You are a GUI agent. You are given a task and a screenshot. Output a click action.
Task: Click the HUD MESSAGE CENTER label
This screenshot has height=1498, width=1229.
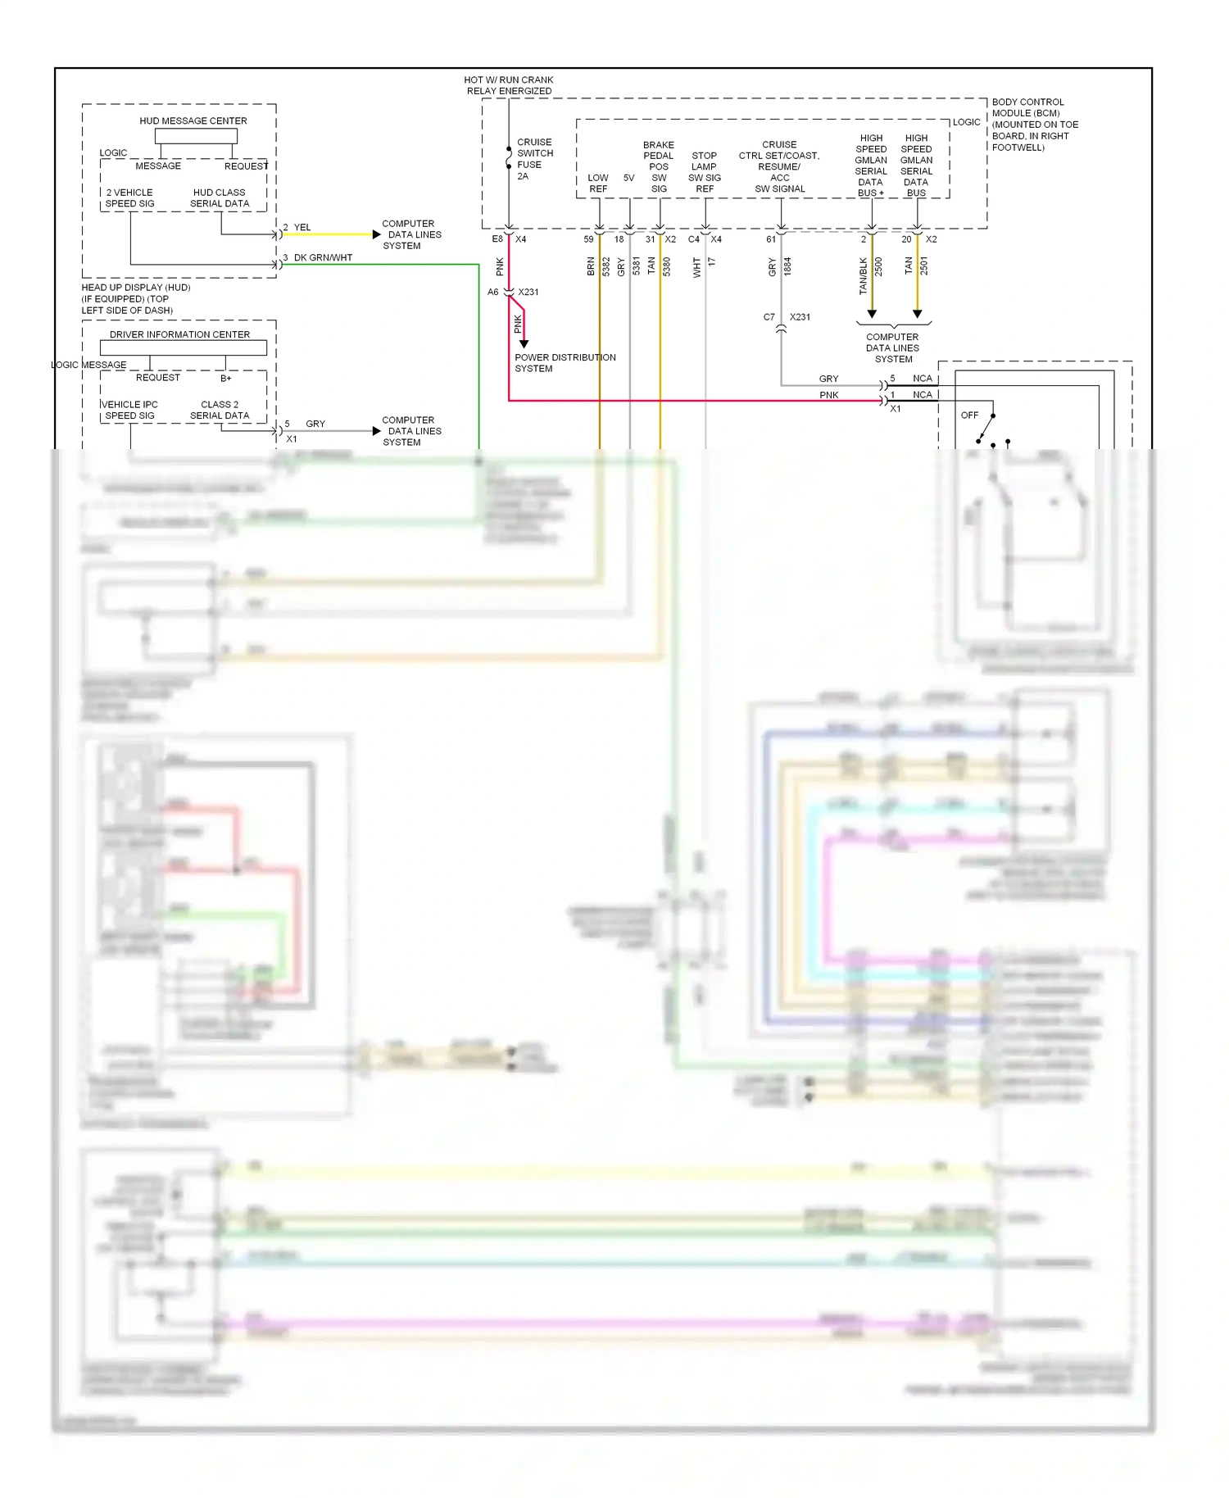(x=193, y=120)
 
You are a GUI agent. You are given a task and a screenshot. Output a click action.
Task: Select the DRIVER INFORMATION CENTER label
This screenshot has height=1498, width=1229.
(x=179, y=334)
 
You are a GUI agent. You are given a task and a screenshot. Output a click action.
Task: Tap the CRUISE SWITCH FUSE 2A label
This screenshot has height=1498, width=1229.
(x=534, y=159)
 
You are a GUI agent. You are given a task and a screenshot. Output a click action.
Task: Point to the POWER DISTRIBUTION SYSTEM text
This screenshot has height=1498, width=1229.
(x=565, y=363)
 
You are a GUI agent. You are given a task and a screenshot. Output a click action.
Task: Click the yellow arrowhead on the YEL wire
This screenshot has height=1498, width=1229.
(x=376, y=234)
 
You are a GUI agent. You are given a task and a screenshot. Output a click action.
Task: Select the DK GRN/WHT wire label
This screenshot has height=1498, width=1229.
(x=323, y=257)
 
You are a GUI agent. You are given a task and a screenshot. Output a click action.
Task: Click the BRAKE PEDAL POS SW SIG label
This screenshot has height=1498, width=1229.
(x=659, y=166)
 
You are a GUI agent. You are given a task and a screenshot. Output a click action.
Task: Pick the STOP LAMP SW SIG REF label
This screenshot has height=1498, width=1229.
(x=704, y=172)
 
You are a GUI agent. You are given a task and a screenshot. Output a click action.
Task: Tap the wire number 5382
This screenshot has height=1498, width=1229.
(x=606, y=266)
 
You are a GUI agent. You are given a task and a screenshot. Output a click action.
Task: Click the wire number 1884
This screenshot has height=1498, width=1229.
(x=787, y=266)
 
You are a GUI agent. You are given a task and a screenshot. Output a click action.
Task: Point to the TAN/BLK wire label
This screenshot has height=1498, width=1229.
(x=863, y=276)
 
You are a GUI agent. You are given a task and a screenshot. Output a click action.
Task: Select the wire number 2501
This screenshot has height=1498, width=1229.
(x=923, y=266)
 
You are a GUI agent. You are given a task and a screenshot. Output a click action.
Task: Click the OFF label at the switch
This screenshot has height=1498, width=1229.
(x=969, y=415)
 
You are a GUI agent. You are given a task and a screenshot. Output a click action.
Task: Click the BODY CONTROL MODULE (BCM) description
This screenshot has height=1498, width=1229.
(x=1034, y=125)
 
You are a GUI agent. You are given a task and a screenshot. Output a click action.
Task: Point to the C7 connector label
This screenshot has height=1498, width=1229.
(x=769, y=317)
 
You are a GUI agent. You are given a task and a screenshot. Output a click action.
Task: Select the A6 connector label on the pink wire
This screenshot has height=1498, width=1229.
(x=492, y=292)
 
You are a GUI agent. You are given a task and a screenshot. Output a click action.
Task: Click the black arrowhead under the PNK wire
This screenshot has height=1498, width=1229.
(x=524, y=344)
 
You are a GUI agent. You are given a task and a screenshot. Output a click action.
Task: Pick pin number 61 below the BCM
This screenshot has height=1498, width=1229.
(x=770, y=239)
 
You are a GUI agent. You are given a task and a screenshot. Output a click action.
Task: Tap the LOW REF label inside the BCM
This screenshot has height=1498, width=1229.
(x=598, y=183)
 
